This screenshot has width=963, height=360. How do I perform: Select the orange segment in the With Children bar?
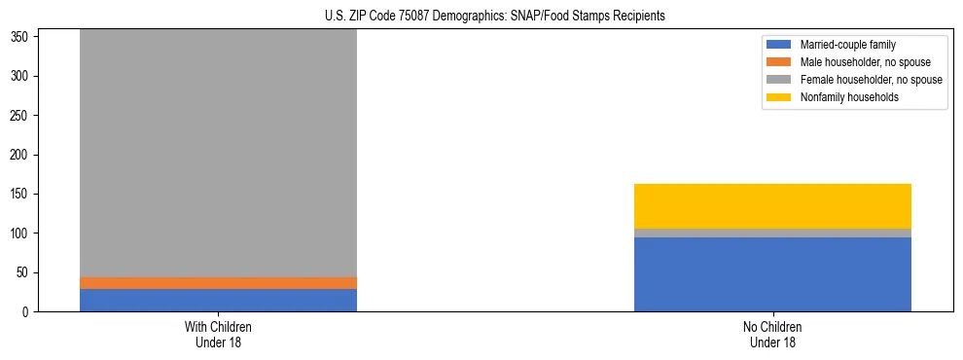(x=218, y=283)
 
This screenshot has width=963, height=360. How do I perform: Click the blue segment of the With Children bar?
(x=218, y=300)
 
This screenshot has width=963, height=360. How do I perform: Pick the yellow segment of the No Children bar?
(x=772, y=205)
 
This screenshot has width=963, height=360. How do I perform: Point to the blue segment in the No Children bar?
(x=772, y=274)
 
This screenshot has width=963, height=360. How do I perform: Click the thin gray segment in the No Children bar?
(x=772, y=234)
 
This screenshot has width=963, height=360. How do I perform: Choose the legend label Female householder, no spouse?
(x=871, y=80)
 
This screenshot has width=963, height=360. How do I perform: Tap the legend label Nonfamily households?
(x=842, y=97)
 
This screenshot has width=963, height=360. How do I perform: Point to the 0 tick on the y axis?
(x=28, y=312)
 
